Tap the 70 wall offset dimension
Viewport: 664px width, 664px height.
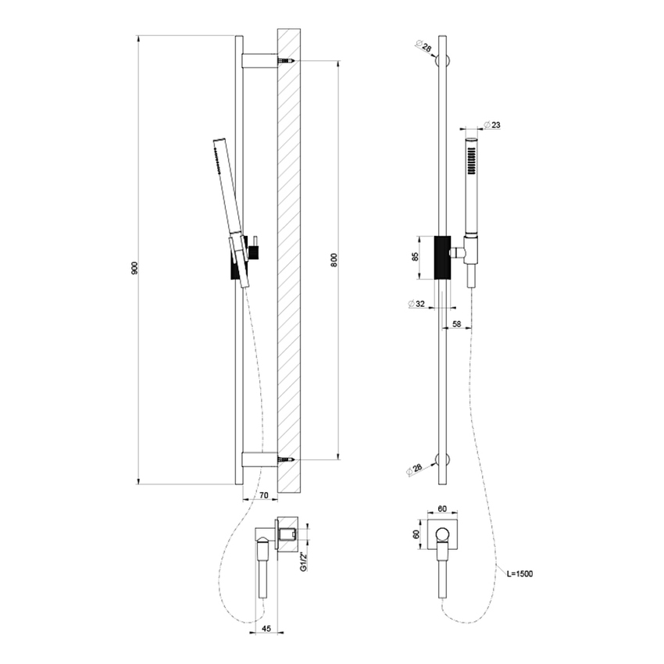[x=263, y=494]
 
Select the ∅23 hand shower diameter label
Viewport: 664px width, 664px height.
[x=492, y=125]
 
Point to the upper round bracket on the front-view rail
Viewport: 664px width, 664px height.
[x=443, y=61]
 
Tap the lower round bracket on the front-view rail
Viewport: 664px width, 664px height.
[x=443, y=460]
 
